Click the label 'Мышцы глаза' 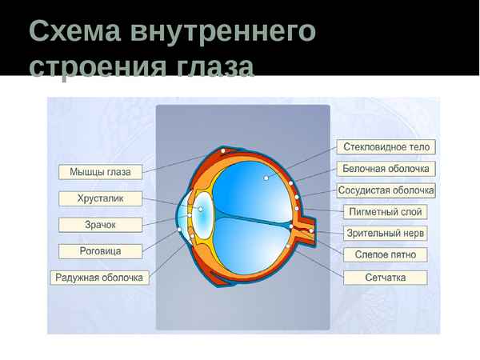[100, 171]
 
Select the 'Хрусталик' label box [100, 198]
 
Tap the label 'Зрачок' [100, 225]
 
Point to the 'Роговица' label [100, 251]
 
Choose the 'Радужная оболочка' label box [100, 278]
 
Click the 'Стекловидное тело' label [386, 147]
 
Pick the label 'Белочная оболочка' [386, 169]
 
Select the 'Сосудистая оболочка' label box [386, 190]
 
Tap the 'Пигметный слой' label [386, 212]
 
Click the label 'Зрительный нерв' [386, 234]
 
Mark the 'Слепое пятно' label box [386, 255]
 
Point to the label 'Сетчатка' [386, 278]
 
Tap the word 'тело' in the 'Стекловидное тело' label [419, 147]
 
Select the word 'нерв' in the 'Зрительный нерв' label [413, 234]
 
